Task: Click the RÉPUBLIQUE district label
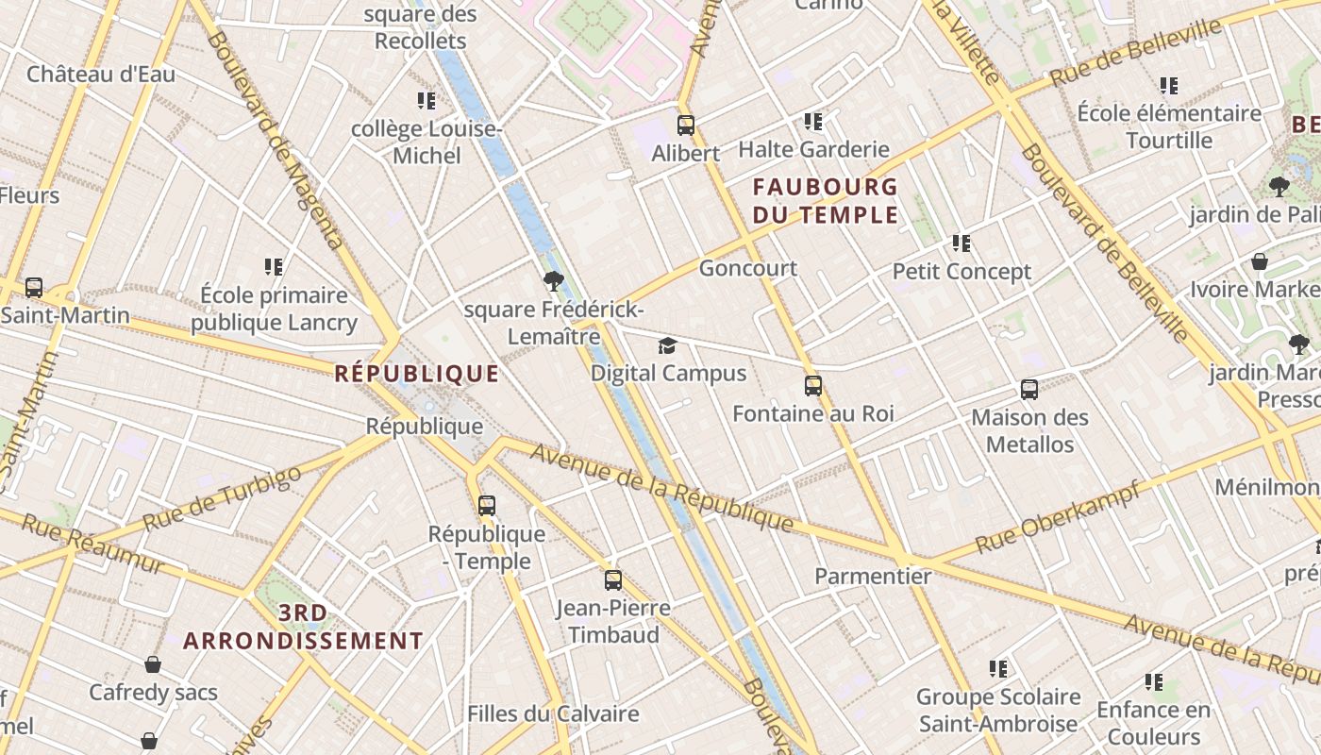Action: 416,374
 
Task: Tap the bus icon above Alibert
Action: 686,125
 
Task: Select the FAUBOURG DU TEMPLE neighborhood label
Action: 825,200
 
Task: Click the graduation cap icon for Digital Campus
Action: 668,345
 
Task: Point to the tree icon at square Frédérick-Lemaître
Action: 554,280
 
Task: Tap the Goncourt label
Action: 747,268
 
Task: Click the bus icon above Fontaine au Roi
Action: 813,386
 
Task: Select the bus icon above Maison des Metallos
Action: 1029,389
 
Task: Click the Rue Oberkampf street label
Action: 1057,518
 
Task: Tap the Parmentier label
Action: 873,576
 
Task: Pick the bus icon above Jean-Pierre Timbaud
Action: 613,580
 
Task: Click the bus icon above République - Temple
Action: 487,506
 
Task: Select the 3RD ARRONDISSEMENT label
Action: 303,628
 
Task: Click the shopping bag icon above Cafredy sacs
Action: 153,664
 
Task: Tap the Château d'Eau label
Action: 101,74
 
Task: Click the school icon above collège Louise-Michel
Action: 426,101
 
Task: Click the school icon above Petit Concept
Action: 961,243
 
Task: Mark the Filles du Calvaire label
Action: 553,713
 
